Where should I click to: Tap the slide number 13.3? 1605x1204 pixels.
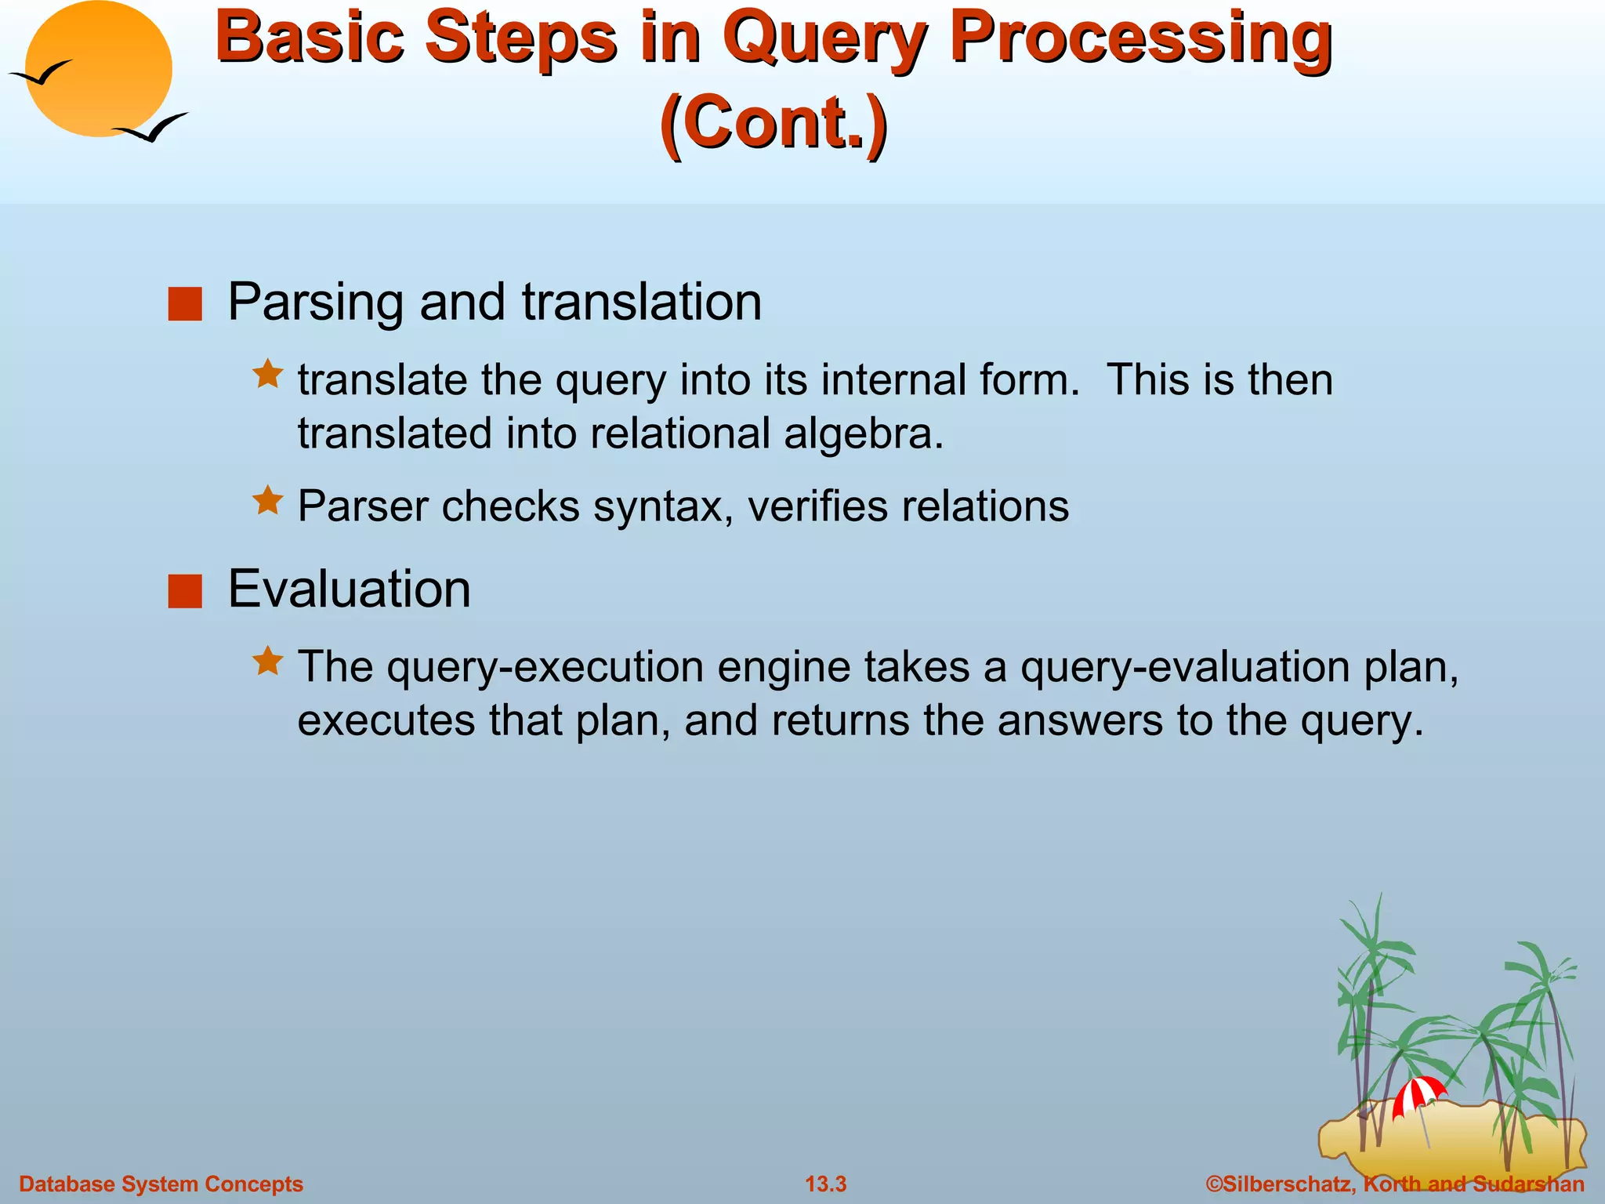pyautogui.click(x=825, y=1184)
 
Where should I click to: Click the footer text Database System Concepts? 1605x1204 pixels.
pyautogui.click(x=161, y=1184)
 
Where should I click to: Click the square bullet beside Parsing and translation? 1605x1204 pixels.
pyautogui.click(x=185, y=304)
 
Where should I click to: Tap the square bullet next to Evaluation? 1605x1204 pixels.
pyautogui.click(x=185, y=591)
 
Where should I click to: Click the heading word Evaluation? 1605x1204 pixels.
pyautogui.click(x=349, y=589)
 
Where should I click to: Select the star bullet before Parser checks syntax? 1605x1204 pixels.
pyautogui.click(x=267, y=500)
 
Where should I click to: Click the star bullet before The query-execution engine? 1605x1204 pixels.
pyautogui.click(x=267, y=661)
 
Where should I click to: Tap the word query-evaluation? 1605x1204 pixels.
pyautogui.click(x=1186, y=668)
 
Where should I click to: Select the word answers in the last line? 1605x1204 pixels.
pyautogui.click(x=1080, y=720)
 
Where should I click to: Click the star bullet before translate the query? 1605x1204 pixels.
pyautogui.click(x=267, y=374)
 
